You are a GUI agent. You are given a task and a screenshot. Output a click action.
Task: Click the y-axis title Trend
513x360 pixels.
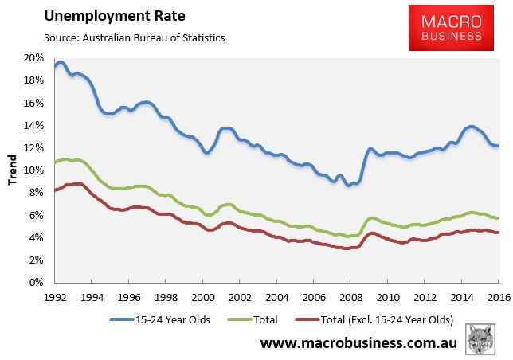point(13,170)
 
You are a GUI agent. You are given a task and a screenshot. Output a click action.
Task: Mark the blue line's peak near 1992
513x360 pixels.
point(60,62)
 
